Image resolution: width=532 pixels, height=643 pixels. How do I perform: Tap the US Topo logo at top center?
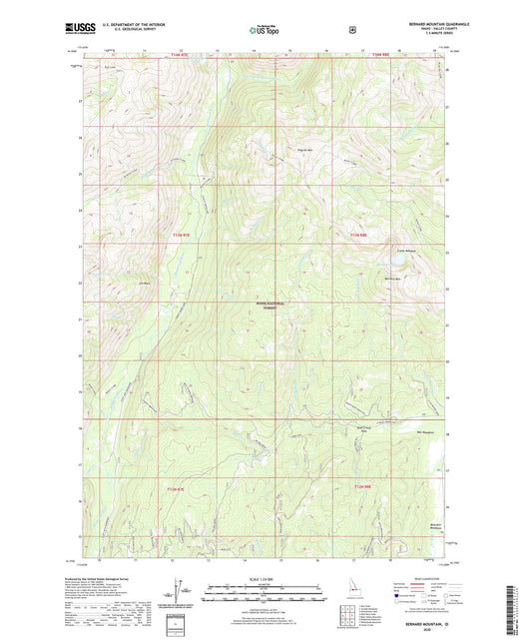click(265, 32)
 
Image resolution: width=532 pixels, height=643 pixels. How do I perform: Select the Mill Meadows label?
click(423, 432)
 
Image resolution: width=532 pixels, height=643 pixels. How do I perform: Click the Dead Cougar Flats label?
click(365, 430)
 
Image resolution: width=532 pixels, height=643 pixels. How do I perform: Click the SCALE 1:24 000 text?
click(265, 581)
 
